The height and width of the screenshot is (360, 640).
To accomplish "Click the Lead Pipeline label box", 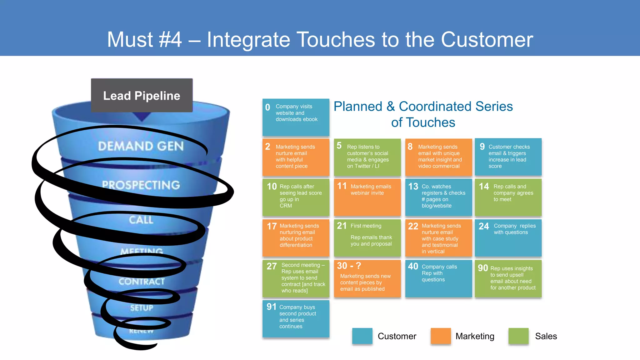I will [x=142, y=96].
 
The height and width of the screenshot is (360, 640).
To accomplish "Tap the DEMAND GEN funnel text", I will [x=141, y=146].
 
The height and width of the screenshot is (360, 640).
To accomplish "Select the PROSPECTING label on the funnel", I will [x=141, y=185].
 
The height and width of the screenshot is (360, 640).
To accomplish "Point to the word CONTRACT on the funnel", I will [x=142, y=282].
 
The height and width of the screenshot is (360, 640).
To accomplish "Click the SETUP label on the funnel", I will [x=142, y=308].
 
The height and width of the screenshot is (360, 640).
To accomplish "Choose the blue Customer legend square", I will [x=362, y=336].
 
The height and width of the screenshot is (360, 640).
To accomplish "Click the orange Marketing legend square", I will [x=440, y=336].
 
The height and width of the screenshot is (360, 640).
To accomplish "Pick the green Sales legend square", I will [x=518, y=336].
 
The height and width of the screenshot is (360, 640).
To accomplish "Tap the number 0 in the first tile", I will [x=267, y=107].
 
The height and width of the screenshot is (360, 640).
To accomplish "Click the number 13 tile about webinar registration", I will [x=438, y=197].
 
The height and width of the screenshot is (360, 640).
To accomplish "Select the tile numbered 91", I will [x=296, y=318].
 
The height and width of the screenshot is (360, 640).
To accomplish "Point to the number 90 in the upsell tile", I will [x=483, y=268].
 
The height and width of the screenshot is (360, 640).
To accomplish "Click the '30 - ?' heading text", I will [x=349, y=266].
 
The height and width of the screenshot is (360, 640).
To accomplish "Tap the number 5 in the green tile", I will [x=339, y=145].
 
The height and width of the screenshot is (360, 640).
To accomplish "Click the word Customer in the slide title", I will [x=487, y=40].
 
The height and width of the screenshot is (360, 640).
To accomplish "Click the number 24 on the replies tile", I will [x=483, y=226].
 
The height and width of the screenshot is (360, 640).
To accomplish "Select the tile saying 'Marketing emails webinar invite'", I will [x=367, y=197].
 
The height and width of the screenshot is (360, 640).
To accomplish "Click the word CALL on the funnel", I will [x=141, y=220].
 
